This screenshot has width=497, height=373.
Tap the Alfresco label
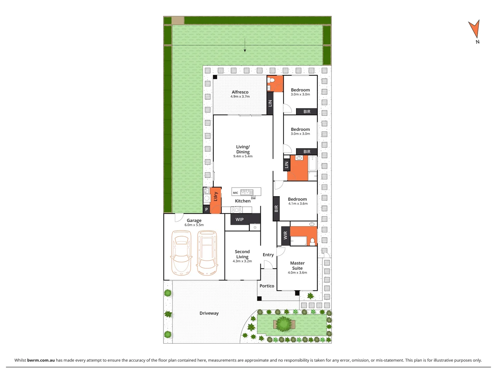[x=240, y=92]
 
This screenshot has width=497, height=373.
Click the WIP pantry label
[x=240, y=220]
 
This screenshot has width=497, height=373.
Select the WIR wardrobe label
[x=285, y=236]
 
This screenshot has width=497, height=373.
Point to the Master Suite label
[x=297, y=266]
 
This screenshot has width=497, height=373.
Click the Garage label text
[x=194, y=221]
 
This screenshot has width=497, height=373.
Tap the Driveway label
[x=209, y=313]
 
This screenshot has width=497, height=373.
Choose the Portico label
[x=267, y=286]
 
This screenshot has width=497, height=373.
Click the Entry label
[x=268, y=255]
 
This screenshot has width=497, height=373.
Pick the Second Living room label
[x=242, y=254]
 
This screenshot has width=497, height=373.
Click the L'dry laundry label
[x=216, y=197]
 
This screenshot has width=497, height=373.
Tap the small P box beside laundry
[x=207, y=209]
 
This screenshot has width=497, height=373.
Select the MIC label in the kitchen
[x=236, y=193]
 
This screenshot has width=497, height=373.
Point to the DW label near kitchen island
[x=254, y=198]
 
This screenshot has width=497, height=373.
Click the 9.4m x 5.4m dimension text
[x=243, y=156]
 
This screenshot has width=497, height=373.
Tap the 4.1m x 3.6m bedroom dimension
[x=298, y=204]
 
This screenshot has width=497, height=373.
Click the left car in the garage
[x=181, y=252]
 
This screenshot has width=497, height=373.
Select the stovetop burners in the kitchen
[x=237, y=210]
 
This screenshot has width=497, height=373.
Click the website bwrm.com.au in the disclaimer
[x=41, y=360]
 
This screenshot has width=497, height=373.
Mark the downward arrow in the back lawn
[x=245, y=46]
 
